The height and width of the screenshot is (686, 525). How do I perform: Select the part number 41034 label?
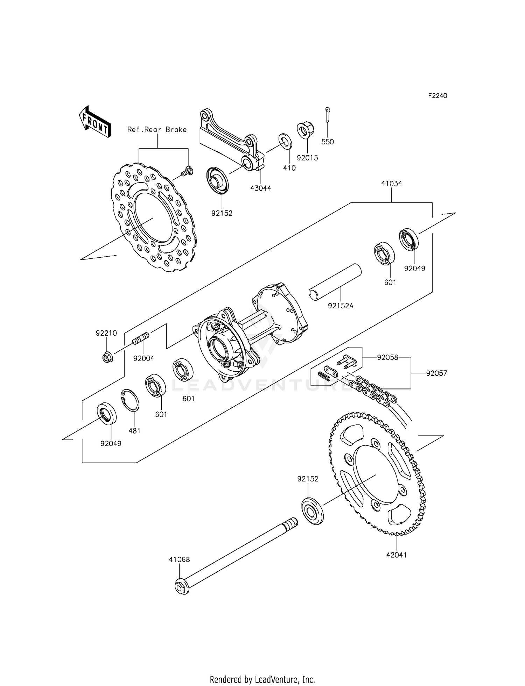pyautogui.click(x=391, y=184)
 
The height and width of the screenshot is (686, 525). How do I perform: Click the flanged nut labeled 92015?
pyautogui.click(x=306, y=130)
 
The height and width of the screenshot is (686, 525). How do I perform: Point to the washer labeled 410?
pyautogui.click(x=285, y=141)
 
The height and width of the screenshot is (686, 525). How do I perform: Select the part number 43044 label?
pyautogui.click(x=260, y=188)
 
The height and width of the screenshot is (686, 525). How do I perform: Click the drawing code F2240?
pyautogui.click(x=437, y=95)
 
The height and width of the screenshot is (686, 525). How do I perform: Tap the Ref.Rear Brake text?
pyautogui.click(x=157, y=130)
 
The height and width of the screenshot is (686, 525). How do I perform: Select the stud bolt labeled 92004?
pyautogui.click(x=141, y=339)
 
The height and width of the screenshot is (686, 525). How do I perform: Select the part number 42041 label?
pyautogui.click(x=397, y=555)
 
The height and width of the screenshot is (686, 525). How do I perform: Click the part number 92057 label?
pyautogui.click(x=436, y=373)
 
